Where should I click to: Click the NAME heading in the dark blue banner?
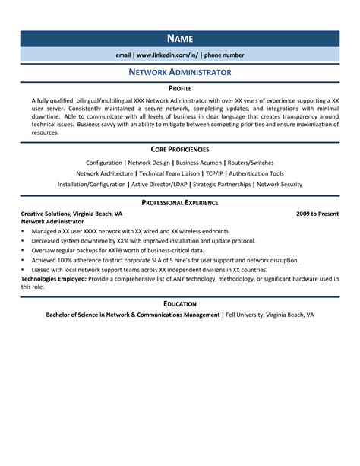pos(180,39)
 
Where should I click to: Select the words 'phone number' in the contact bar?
pos(223,55)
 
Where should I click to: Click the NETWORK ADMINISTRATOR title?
pos(180,72)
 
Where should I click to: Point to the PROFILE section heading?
pos(180,89)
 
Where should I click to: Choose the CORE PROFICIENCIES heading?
pos(180,151)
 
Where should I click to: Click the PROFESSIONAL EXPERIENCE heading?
pos(180,203)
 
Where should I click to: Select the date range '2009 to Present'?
pos(317,214)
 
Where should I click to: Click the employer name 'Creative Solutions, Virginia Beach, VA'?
pos(71,214)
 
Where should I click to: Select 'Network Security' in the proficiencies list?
pos(279,184)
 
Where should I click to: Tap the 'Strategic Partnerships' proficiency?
pos(223,184)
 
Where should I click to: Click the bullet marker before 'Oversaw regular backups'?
pos(24,249)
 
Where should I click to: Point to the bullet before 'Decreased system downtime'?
pos(24,239)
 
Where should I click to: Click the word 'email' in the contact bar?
pos(123,55)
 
